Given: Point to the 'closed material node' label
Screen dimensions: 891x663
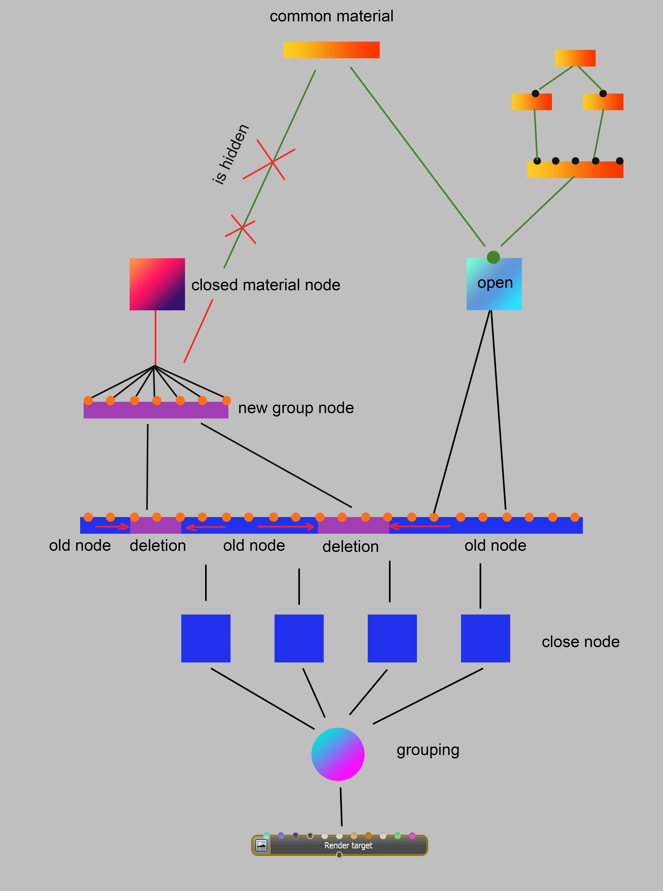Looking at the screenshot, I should click(266, 285).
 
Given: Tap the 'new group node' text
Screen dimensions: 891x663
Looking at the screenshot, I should click(296, 408).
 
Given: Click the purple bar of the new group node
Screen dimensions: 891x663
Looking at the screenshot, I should click(156, 410).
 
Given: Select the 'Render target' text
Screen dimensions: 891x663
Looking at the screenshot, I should click(348, 845).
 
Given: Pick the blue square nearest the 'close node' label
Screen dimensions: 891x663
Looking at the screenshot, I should click(485, 638).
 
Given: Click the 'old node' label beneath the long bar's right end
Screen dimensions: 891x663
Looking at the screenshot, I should click(495, 545).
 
